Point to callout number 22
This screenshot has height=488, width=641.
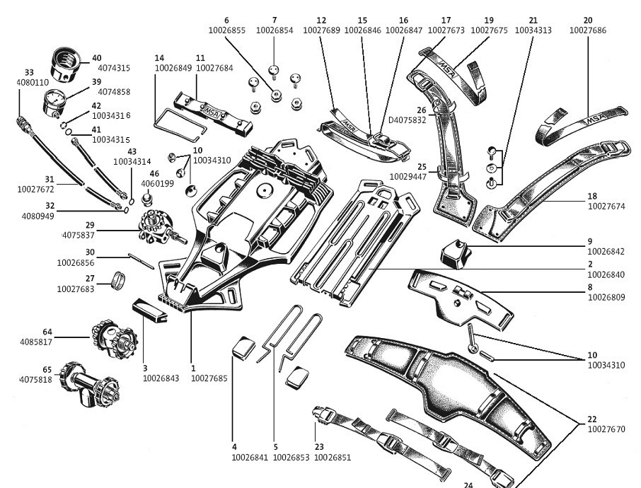592,419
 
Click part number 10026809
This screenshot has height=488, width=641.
606,298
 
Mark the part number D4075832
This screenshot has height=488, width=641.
407,120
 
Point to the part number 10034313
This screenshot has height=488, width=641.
533,30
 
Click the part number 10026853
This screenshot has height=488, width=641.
291,457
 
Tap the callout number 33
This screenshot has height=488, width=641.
29,72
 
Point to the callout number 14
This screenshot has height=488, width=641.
159,57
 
